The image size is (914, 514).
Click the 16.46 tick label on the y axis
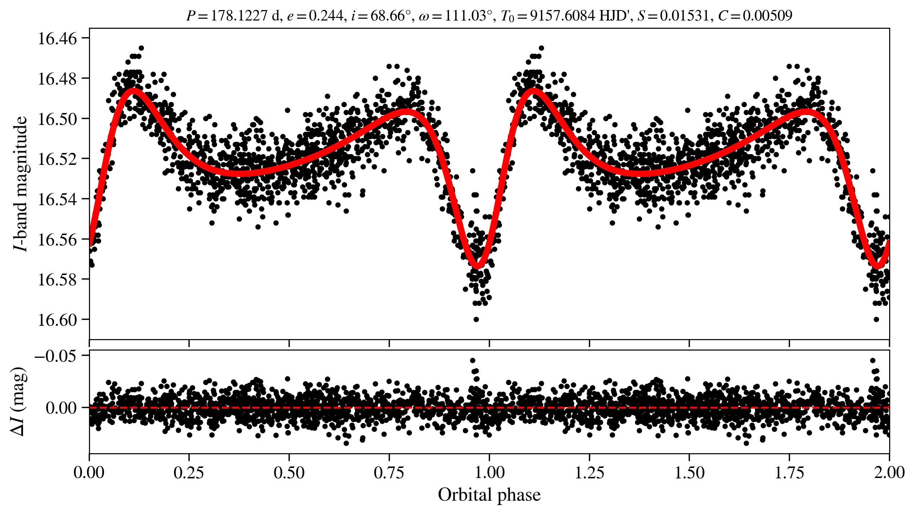[x=57, y=39]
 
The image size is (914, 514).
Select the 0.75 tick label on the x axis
[x=389, y=473]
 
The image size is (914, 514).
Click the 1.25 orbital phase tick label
[x=589, y=473]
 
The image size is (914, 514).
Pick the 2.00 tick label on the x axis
[x=889, y=473]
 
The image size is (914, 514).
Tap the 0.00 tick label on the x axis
[x=89, y=473]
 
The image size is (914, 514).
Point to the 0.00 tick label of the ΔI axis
[x=61, y=408]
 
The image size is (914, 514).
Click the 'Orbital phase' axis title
[x=489, y=495]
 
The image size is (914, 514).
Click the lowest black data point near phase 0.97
[x=476, y=319]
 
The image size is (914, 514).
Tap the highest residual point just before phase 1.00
[x=472, y=360]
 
